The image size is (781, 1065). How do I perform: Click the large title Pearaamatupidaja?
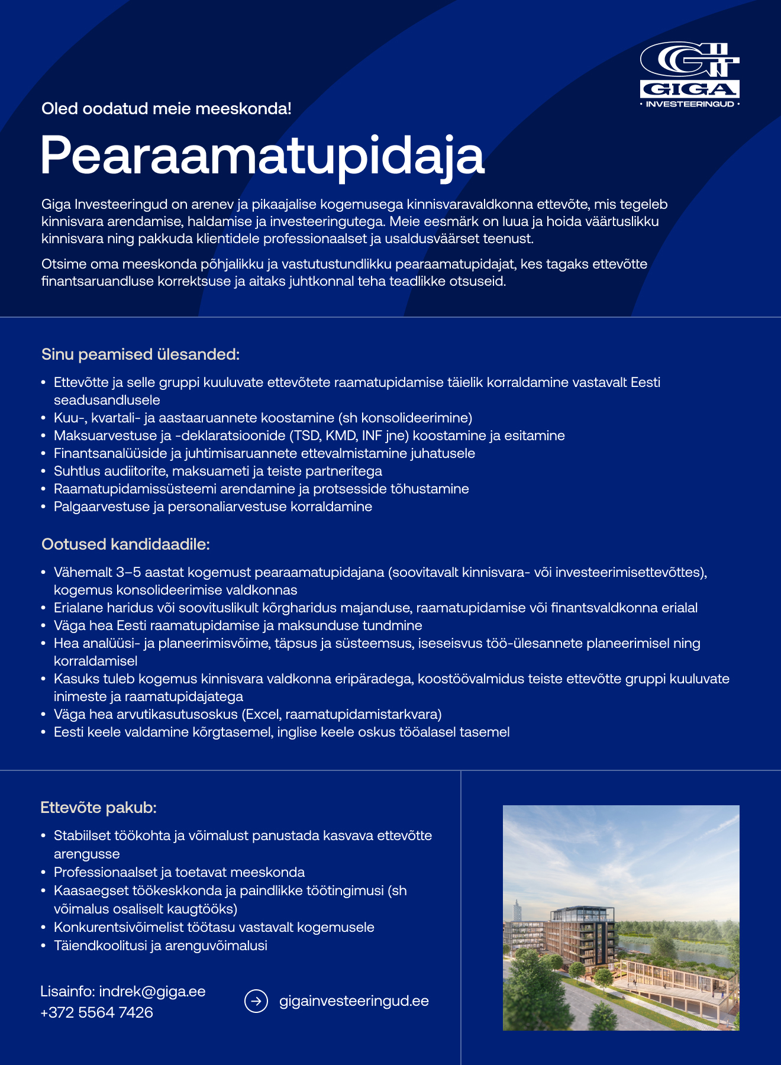pos(262,156)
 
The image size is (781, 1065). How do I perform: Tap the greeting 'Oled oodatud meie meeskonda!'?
pos(166,109)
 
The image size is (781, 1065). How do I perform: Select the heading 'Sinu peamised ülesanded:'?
pos(140,354)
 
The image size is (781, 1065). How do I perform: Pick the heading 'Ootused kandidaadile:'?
pos(125,544)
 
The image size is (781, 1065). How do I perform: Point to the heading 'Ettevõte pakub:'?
pos(98,808)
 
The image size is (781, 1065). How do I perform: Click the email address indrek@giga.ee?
pos(152,992)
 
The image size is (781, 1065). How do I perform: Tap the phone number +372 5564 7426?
pos(96,1012)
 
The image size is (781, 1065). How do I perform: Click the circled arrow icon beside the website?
pos(256,1001)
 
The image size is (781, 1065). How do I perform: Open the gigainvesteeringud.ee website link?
pos(354,1001)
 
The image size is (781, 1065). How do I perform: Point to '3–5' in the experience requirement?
pos(128,573)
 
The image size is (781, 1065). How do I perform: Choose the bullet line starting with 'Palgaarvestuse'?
pos(213,507)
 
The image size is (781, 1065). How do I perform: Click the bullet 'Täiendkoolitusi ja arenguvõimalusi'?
pos(160,945)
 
